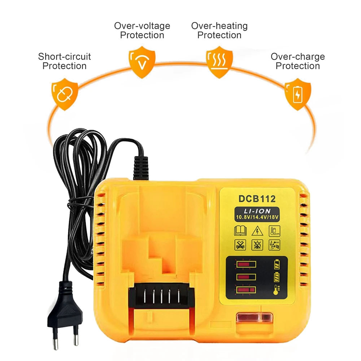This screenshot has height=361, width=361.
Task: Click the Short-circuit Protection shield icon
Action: coord(65,93)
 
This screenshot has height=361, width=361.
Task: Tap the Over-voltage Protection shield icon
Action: coord(142,64)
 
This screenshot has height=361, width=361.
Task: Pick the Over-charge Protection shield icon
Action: coord(297,93)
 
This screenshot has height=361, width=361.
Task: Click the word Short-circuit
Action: coord(64,57)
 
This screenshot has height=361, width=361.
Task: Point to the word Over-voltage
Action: coord(142,26)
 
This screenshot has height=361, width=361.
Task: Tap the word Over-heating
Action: coord(219,26)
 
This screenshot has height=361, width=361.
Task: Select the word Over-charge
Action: coord(297,57)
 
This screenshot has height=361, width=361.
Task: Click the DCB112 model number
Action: coord(257,199)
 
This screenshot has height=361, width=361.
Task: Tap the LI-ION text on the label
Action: coord(257,210)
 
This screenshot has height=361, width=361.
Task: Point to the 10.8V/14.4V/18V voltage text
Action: coord(257,217)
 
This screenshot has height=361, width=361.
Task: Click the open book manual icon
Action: coord(240,230)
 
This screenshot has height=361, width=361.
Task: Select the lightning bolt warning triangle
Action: coord(257,230)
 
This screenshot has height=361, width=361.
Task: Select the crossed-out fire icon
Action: coord(257,245)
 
